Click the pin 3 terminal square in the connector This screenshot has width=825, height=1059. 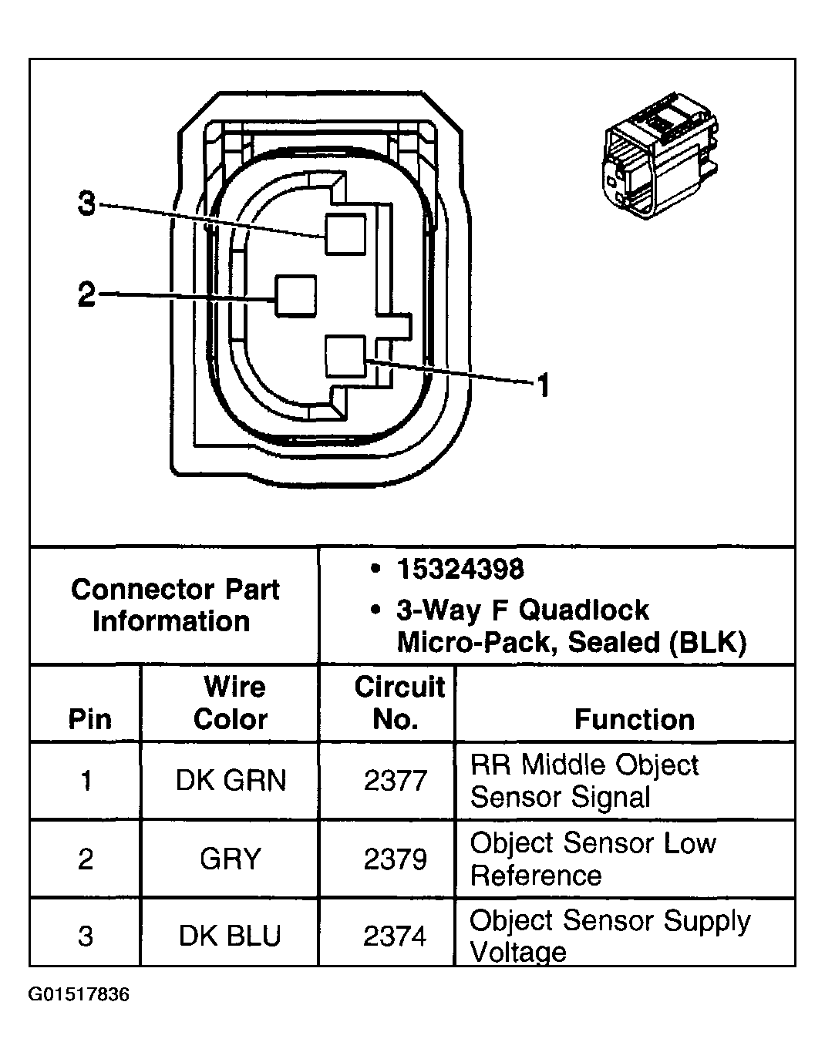[345, 234]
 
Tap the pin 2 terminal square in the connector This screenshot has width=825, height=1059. [296, 296]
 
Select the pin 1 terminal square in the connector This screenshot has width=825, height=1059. [345, 356]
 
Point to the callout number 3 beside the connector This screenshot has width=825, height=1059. [87, 204]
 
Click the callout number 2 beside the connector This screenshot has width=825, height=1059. [86, 294]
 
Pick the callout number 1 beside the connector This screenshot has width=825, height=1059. [543, 385]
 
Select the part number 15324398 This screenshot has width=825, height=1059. [460, 570]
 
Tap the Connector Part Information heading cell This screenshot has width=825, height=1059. [174, 605]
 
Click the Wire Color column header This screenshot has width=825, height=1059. [230, 703]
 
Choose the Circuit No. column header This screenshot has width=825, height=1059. [398, 703]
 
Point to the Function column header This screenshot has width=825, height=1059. [634, 719]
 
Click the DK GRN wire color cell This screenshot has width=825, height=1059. [231, 781]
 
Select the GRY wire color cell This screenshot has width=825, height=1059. [230, 859]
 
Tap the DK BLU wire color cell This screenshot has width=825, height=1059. [230, 936]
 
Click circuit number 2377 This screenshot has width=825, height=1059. [395, 781]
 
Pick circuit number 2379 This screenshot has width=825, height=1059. [395, 859]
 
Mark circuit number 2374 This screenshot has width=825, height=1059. [395, 936]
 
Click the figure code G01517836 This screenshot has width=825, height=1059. [79, 995]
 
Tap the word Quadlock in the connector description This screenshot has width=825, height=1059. [584, 610]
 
